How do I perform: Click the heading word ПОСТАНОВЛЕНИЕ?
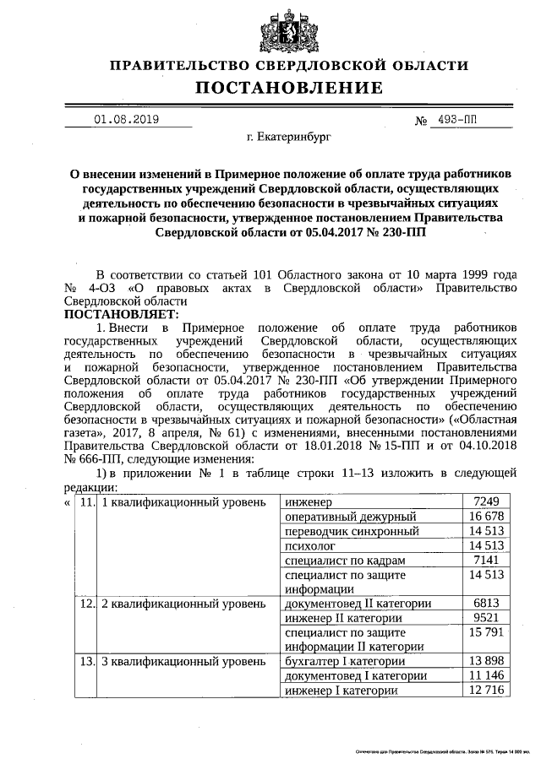289,88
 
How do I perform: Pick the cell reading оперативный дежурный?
351,516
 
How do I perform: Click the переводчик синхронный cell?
352,531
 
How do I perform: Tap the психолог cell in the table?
312,546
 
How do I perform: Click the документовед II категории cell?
358,604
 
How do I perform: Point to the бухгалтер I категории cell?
345,661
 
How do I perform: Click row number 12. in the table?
85,604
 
